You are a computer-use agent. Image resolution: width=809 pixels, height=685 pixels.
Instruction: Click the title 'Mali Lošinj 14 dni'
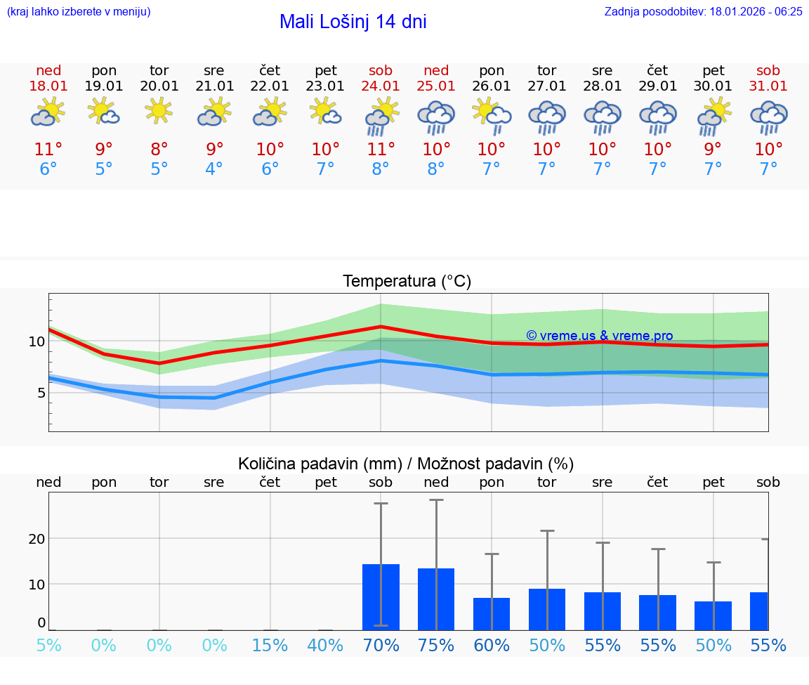[x=353, y=22]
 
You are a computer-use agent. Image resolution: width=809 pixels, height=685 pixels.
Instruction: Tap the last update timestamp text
[x=703, y=11]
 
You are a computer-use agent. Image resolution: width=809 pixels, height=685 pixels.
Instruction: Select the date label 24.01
[x=381, y=86]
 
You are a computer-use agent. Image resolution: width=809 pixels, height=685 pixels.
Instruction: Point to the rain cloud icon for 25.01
[x=436, y=117]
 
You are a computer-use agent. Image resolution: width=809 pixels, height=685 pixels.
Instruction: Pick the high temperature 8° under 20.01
[x=159, y=150]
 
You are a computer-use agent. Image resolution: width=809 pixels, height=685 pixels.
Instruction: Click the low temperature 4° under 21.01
[x=214, y=169]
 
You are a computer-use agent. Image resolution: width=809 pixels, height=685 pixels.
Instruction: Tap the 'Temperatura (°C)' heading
[x=407, y=282]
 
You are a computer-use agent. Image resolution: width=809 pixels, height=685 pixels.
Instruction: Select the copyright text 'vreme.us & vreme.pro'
[x=600, y=336]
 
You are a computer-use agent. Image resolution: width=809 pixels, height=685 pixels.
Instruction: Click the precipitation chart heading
[x=406, y=464]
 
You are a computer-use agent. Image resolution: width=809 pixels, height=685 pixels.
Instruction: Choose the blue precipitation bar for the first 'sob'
[x=381, y=597]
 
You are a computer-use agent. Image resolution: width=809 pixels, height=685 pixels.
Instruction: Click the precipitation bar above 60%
[x=492, y=614]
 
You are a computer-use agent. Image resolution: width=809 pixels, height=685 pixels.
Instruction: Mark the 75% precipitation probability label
[x=436, y=646]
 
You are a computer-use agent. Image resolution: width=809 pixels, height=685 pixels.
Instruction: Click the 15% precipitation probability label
[x=270, y=646]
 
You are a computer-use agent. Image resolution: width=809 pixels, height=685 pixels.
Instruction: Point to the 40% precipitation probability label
[x=325, y=646]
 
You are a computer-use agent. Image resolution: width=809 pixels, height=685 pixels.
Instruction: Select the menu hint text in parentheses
[x=78, y=11]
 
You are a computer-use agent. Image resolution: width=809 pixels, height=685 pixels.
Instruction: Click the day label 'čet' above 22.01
[x=270, y=70]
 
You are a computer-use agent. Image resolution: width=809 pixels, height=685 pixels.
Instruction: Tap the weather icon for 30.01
[x=713, y=117]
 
